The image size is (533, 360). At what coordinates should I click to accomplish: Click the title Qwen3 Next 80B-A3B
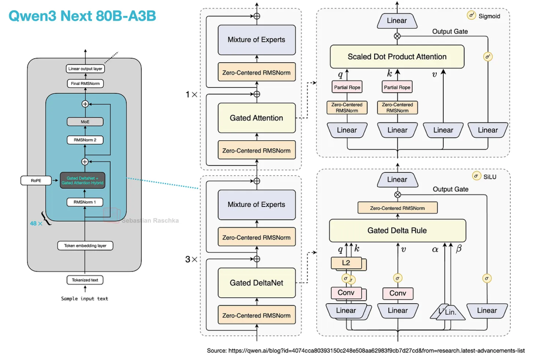83,16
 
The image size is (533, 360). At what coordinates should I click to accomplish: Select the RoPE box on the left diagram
36,181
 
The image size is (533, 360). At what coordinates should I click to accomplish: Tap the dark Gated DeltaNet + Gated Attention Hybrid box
85,181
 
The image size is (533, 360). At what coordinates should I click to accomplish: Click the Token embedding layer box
85,245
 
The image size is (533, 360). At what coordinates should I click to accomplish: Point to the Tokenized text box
85,280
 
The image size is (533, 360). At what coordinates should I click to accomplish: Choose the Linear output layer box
85,69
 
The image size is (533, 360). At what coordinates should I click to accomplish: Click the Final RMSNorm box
85,83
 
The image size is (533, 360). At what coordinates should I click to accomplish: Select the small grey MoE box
85,121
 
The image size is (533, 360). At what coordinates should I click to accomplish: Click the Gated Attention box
256,118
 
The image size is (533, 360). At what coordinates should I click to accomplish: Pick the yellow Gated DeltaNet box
256,283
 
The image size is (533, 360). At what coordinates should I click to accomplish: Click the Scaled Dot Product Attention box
397,57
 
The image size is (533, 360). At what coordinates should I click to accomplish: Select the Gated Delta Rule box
397,231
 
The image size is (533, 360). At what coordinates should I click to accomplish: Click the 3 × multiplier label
191,259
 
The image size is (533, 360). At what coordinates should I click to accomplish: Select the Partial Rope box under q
347,87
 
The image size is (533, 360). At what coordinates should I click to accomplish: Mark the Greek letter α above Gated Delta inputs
435,249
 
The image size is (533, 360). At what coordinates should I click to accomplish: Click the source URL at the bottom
366,351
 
